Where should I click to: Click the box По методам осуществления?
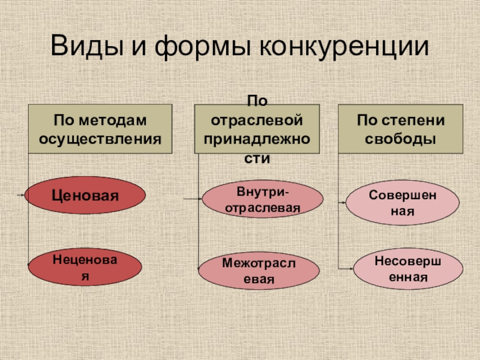[100, 130]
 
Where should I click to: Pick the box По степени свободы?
[401, 130]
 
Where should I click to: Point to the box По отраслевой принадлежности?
[257, 130]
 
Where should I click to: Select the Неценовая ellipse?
[85, 268]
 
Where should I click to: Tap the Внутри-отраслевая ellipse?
[262, 199]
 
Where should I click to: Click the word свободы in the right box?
[401, 139]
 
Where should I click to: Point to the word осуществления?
[100, 139]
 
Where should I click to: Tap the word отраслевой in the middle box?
[257, 120]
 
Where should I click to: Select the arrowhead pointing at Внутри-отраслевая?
[201, 198]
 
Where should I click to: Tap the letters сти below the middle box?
[257, 158]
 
